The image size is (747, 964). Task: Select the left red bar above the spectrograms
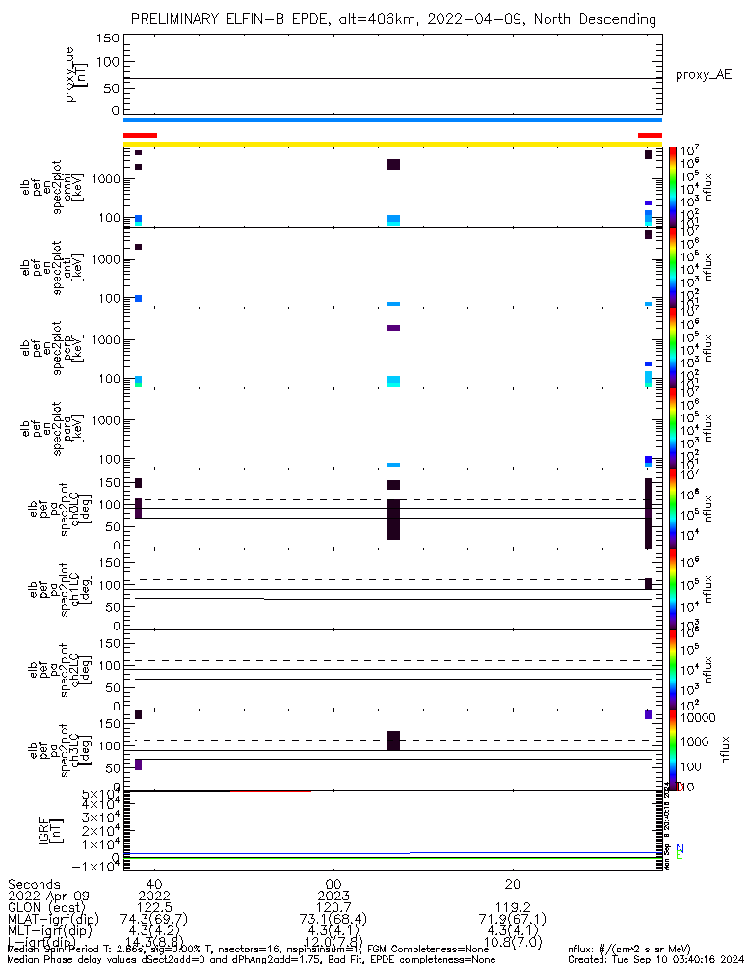[x=140, y=135]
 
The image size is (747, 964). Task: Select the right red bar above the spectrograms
[x=651, y=135]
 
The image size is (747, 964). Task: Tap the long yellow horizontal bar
[x=393, y=144]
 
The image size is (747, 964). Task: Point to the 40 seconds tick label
[x=153, y=883]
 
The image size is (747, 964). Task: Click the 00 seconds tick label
[x=333, y=883]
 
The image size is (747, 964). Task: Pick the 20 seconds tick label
[x=513, y=883]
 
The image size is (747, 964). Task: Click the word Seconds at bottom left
[x=35, y=883]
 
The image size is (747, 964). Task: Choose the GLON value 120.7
[x=333, y=907]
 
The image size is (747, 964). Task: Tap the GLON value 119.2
[x=513, y=907]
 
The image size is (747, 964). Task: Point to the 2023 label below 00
[x=333, y=896]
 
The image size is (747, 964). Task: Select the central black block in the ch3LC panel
[x=393, y=739]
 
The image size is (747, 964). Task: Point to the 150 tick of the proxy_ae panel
[x=109, y=38]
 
